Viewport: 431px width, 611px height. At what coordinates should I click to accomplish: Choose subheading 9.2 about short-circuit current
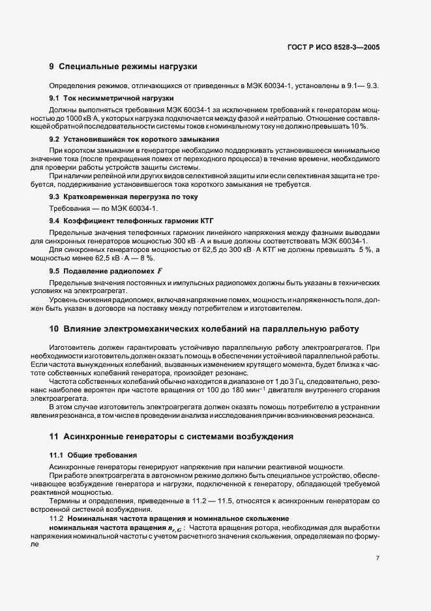point(134,140)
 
